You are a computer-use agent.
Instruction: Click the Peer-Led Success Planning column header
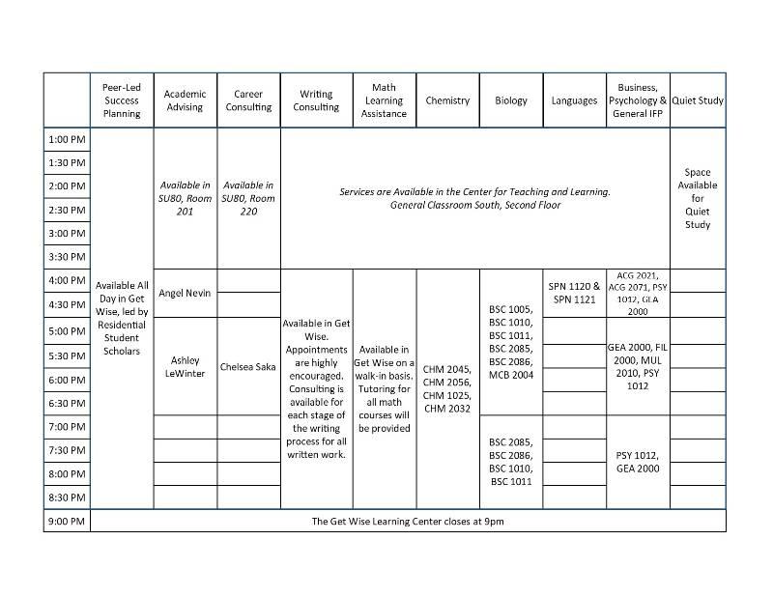(122, 100)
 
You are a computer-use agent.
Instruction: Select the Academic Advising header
(185, 100)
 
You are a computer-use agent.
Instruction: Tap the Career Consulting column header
(248, 100)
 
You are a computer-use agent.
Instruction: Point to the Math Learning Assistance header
(384, 100)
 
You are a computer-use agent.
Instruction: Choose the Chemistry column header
(447, 100)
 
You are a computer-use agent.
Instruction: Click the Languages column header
(574, 100)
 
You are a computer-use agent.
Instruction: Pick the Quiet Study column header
(697, 100)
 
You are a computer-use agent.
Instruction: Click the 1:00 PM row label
(67, 140)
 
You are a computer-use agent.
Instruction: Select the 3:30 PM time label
(67, 257)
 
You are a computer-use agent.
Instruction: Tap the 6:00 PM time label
(67, 380)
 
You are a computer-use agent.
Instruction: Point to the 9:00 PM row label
(67, 522)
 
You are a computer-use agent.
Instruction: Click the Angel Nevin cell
(185, 293)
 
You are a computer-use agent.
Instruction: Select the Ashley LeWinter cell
(185, 366)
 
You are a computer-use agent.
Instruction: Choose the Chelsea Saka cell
(248, 367)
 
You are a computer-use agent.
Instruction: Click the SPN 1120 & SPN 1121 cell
(574, 293)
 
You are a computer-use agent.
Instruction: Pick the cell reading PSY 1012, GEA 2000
(637, 462)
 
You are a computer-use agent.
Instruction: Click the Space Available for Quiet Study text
(697, 199)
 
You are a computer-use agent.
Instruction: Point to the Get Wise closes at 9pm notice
(407, 522)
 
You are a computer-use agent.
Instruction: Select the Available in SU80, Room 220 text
(248, 198)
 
